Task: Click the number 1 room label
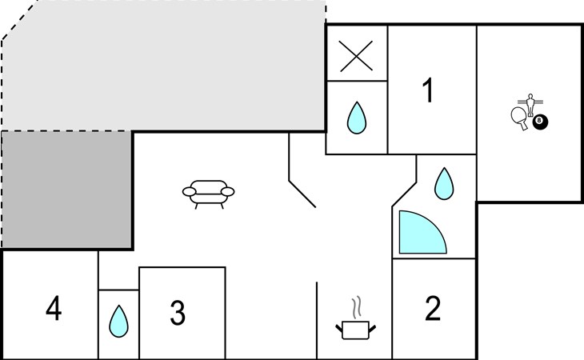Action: click(428, 90)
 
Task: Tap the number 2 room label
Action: click(433, 308)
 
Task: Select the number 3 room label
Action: click(178, 312)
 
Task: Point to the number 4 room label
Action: click(54, 308)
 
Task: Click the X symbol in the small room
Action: click(356, 56)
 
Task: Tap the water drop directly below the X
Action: click(357, 118)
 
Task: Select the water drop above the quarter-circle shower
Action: click(444, 183)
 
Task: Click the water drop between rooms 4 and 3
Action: click(118, 322)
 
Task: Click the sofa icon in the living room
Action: click(208, 194)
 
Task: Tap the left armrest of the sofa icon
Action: click(190, 191)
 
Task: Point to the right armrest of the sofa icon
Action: click(227, 191)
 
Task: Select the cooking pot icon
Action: click(356, 330)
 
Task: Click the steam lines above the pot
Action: click(357, 307)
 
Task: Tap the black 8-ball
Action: click(540, 122)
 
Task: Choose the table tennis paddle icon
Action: click(519, 118)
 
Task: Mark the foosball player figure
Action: click(530, 105)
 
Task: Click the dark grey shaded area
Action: click(67, 189)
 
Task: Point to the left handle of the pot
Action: click(339, 328)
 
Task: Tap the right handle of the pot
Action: click(373, 328)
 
